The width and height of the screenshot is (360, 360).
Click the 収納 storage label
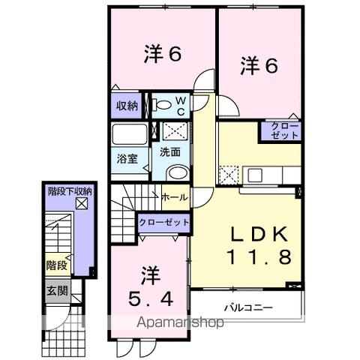[127, 106]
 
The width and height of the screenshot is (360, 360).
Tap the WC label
[181, 106]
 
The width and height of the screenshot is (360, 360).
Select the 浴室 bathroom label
[127, 158]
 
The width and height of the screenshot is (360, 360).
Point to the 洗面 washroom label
[170, 151]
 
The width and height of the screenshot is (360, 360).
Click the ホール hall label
[175, 197]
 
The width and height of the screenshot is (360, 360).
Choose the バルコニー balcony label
[247, 307]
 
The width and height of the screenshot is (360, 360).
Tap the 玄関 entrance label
[55, 290]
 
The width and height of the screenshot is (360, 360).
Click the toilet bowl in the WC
[158, 106]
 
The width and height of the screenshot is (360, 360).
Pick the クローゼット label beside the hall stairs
[163, 222]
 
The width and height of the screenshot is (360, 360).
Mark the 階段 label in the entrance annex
[56, 265]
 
